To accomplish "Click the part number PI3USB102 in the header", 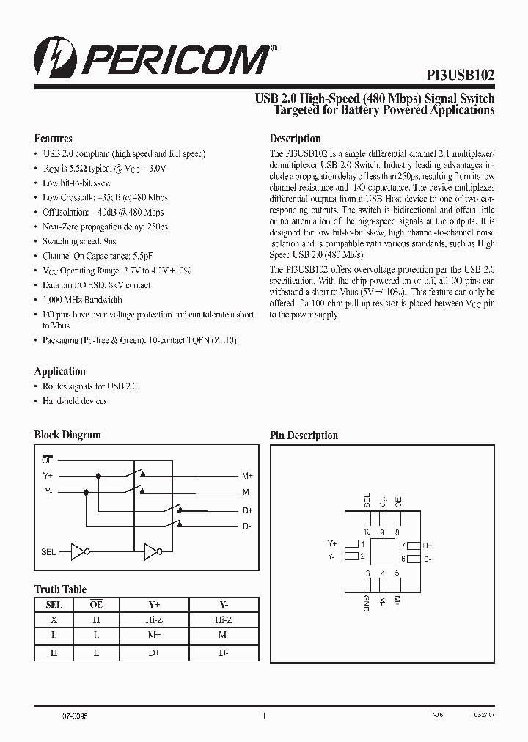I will (x=461, y=75).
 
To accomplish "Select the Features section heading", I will (x=54, y=139).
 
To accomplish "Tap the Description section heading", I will (x=295, y=139).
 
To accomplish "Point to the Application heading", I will (x=60, y=371).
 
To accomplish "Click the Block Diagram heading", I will (x=67, y=435).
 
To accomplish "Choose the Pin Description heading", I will (x=304, y=436).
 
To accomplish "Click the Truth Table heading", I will (x=60, y=589).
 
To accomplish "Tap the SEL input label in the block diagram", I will (x=48, y=552).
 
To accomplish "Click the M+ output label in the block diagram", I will (x=247, y=476).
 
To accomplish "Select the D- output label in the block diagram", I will (x=247, y=526).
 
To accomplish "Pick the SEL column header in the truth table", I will (x=54, y=605).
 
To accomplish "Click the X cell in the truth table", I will (x=54, y=620).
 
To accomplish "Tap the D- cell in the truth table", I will (x=223, y=650).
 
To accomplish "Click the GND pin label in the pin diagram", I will (x=366, y=603).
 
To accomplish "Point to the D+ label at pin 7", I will (x=428, y=546).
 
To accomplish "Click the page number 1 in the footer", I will (x=263, y=716).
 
